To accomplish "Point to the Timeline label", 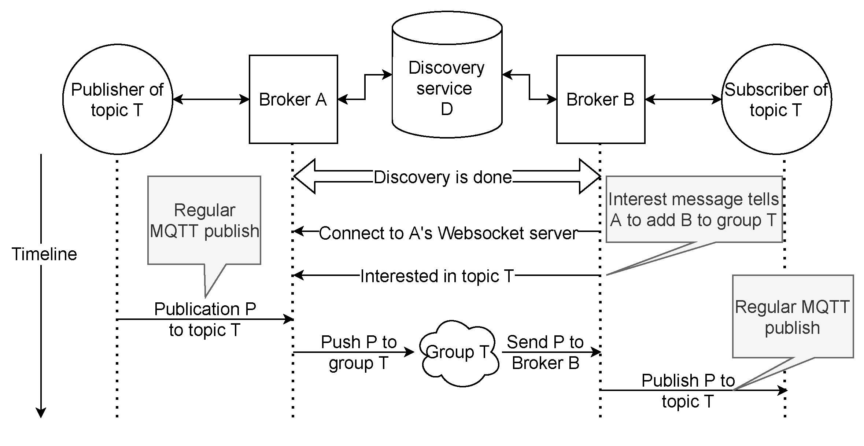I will pyautogui.click(x=44, y=254).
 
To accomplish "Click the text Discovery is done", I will pyautogui.click(x=442, y=177).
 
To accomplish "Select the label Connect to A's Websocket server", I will pyautogui.click(x=448, y=233).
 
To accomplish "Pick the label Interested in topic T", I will pyautogui.click(x=437, y=276).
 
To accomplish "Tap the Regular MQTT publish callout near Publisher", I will pyautogui.click(x=204, y=220).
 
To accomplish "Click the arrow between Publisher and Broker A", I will pyautogui.click(x=211, y=99).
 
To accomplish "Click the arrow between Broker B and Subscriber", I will pyautogui.click(x=683, y=99).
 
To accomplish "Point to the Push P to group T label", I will pyautogui.click(x=359, y=352).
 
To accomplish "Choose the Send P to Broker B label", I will pyautogui.click(x=545, y=352).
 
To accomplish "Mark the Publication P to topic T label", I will pyautogui.click(x=204, y=319).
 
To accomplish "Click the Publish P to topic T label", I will pyautogui.click(x=688, y=391).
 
